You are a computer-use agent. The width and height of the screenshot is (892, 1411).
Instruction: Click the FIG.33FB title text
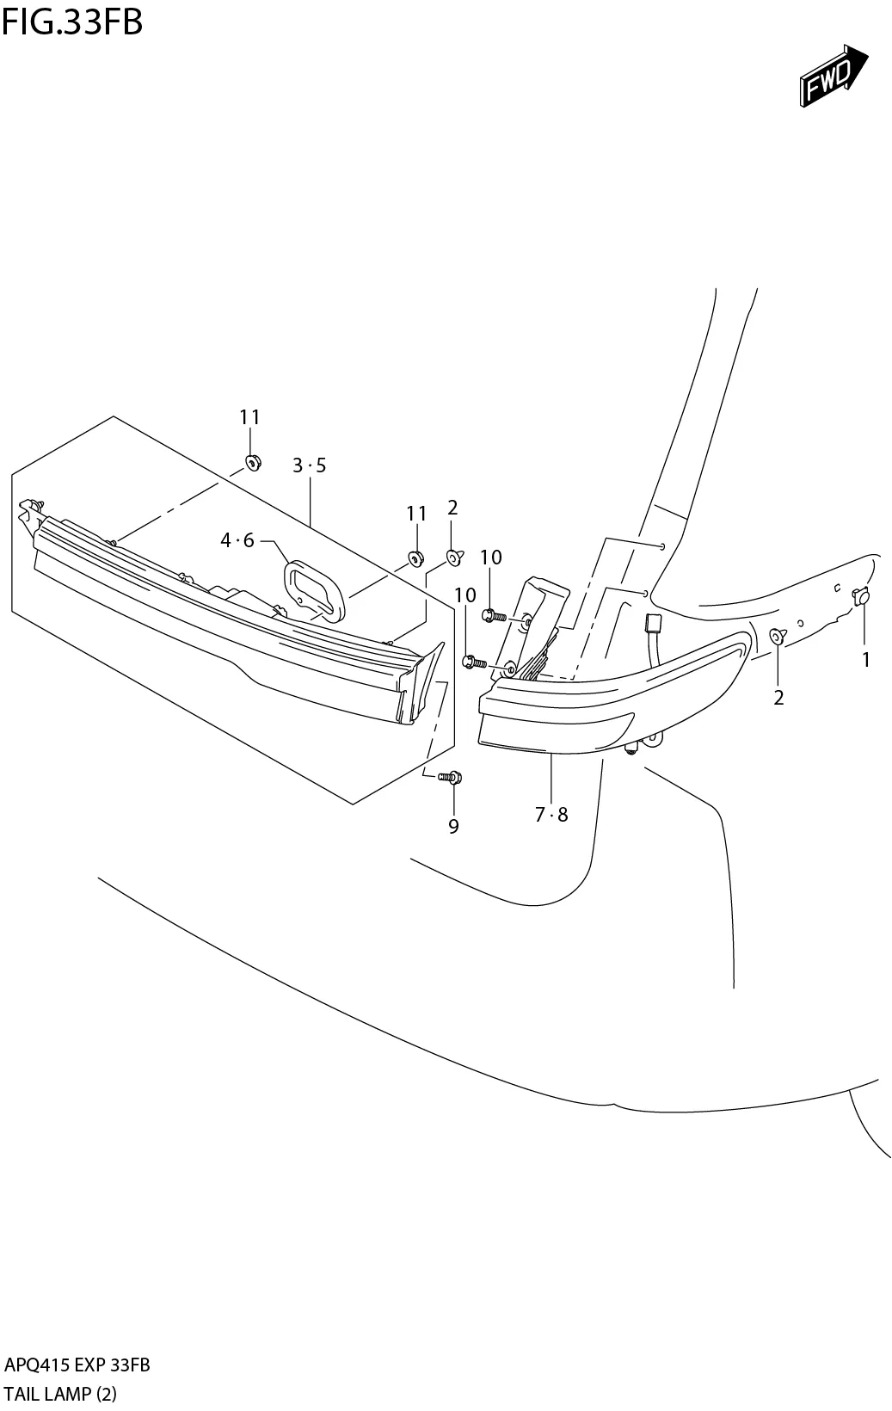72,22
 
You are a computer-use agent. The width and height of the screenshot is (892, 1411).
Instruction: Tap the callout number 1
865,660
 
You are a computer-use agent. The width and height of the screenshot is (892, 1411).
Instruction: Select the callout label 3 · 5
309,465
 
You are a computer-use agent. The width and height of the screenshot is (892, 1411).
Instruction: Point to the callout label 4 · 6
237,540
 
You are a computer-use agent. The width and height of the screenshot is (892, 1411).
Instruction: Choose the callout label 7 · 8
551,814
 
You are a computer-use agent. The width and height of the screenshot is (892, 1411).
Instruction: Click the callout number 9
453,826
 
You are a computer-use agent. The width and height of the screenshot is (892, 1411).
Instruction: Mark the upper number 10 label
490,558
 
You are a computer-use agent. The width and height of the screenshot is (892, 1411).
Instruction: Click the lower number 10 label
464,595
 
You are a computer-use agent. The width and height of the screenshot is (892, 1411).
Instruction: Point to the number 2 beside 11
452,508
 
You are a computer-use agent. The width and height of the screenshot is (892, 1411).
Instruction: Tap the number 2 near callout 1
778,698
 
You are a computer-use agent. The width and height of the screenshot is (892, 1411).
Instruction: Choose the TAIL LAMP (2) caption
60,1393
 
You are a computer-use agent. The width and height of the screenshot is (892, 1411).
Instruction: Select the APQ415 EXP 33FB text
77,1365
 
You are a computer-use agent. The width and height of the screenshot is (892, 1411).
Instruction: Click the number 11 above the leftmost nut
249,417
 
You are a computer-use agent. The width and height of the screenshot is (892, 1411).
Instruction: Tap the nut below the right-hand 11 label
415,558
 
